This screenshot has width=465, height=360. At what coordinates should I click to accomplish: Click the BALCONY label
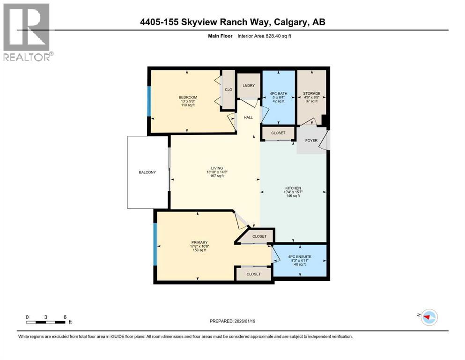147,172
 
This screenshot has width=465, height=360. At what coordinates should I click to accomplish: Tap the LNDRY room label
249,85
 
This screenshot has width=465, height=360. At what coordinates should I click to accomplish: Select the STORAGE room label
311,94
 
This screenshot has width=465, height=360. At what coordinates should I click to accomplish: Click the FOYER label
311,141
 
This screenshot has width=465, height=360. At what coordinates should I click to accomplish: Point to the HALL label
248,117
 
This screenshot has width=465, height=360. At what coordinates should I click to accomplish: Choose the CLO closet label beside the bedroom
228,90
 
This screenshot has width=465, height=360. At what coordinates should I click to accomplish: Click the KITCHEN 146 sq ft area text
293,196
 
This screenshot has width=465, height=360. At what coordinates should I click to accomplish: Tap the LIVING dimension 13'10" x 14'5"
216,172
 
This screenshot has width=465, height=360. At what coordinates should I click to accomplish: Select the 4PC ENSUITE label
299,256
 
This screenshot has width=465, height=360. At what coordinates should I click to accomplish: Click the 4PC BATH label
279,94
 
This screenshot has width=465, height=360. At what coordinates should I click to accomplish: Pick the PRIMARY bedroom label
199,242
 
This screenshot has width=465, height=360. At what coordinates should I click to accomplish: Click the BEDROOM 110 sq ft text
187,105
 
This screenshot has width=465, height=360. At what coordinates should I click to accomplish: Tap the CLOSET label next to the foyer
278,133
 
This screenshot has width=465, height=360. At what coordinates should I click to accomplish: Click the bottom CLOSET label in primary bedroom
253,274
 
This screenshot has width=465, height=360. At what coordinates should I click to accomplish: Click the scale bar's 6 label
64,316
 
